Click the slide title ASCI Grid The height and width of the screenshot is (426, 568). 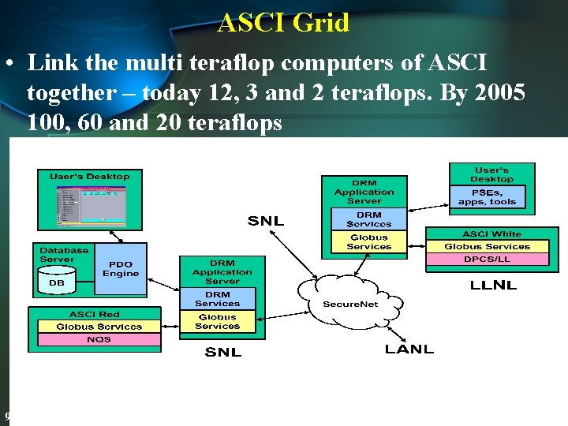coord(283,23)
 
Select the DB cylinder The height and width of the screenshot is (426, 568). coord(56,280)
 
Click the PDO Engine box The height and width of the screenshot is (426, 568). coord(121,269)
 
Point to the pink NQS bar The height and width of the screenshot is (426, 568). coord(99,339)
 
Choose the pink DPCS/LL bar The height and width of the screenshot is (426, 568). coord(487,259)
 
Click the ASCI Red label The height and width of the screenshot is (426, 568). coord(94,315)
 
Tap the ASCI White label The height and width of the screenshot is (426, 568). coord(491,234)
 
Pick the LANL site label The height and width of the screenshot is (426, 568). coord(409,349)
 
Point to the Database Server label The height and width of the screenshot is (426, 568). coord(64,254)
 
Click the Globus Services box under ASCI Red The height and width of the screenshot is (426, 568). coord(99,327)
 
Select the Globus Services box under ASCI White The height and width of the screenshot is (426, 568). coord(487,246)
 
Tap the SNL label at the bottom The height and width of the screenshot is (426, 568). coord(222,352)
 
